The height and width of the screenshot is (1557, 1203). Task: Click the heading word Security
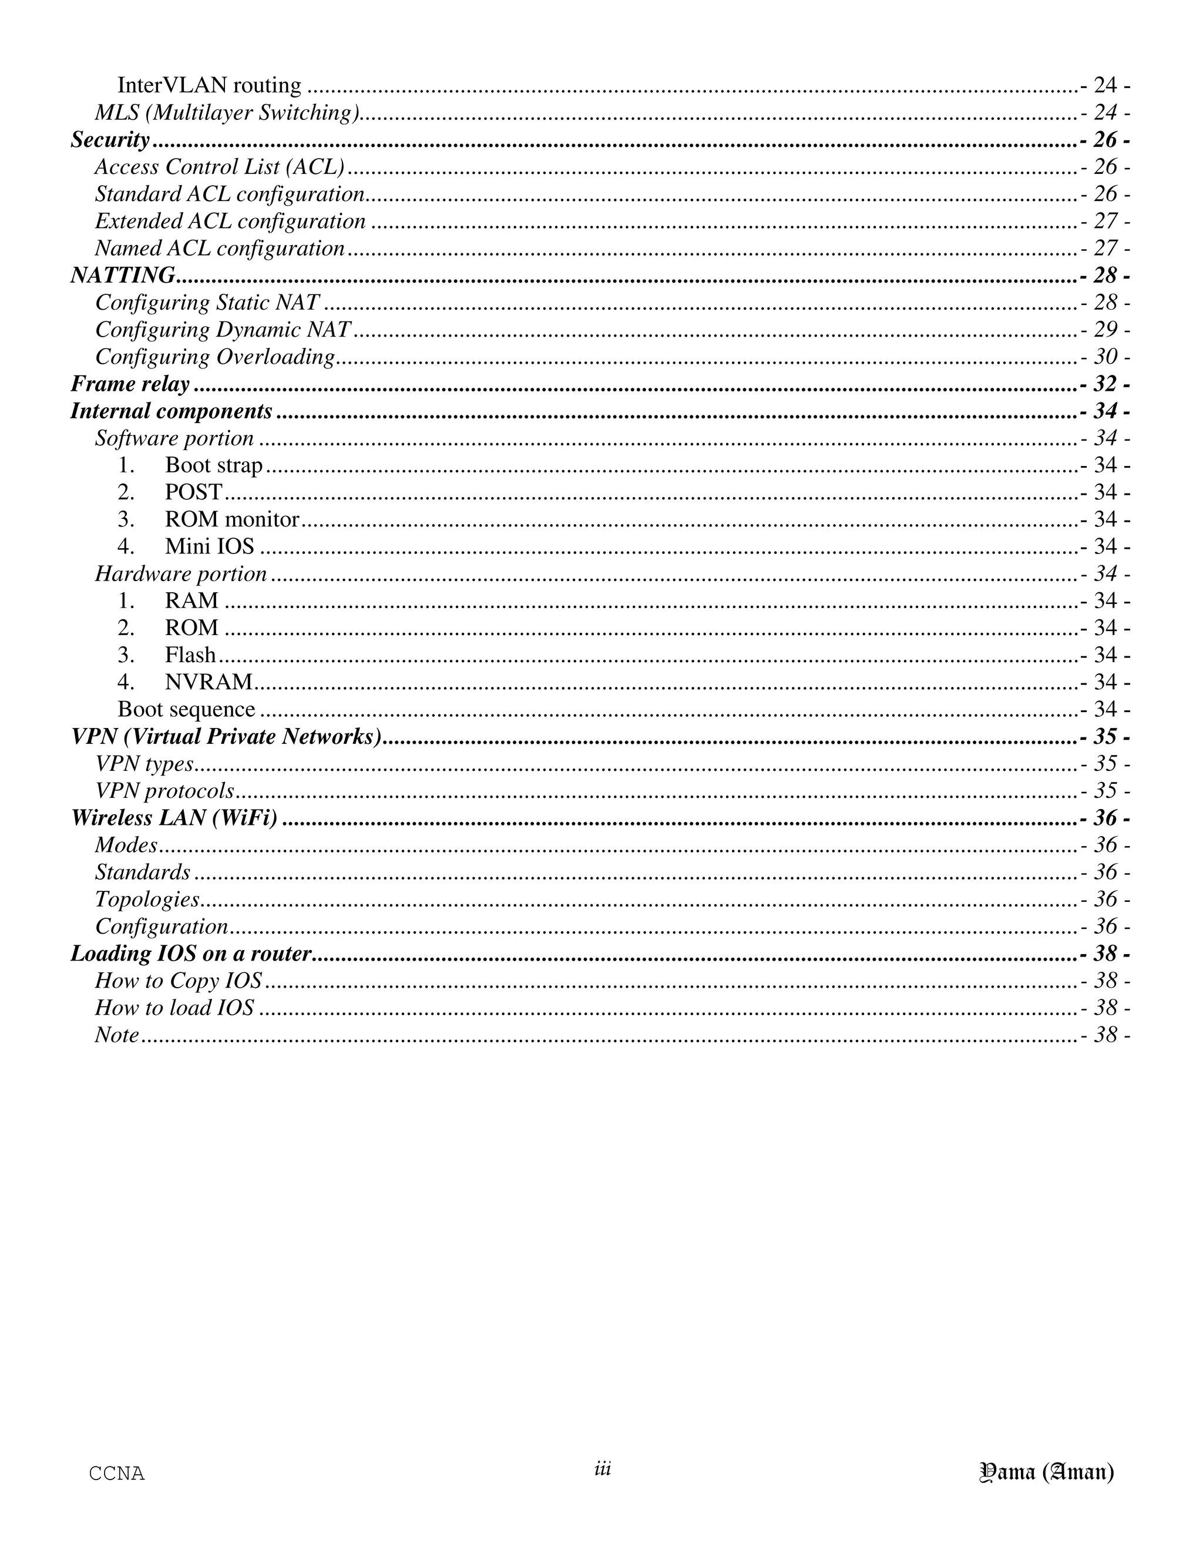[x=110, y=140]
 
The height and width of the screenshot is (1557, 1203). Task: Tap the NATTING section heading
[x=123, y=275]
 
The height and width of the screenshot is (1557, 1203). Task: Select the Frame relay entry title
[x=130, y=384]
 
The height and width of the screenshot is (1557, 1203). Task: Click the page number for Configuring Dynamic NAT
[x=1105, y=330]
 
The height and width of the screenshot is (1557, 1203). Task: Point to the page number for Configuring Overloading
[x=1105, y=357]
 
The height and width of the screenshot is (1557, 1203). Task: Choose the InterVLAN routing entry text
[x=210, y=86]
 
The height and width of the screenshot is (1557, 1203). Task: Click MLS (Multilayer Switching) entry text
[x=227, y=113]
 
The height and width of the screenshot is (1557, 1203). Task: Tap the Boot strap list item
[x=214, y=465]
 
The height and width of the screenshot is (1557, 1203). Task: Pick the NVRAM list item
[x=209, y=682]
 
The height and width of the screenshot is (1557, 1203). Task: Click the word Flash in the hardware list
[x=190, y=655]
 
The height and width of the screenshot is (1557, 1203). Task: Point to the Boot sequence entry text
[x=186, y=709]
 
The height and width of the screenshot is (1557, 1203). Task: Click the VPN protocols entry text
[x=164, y=791]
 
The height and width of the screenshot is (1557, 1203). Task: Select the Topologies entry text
[x=147, y=900]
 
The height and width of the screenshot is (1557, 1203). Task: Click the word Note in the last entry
[x=117, y=1035]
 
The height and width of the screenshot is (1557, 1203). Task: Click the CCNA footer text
[x=117, y=1474]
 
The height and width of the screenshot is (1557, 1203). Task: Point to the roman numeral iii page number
[x=602, y=1469]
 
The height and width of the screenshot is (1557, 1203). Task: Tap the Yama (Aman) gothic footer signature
[x=1047, y=1472]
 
